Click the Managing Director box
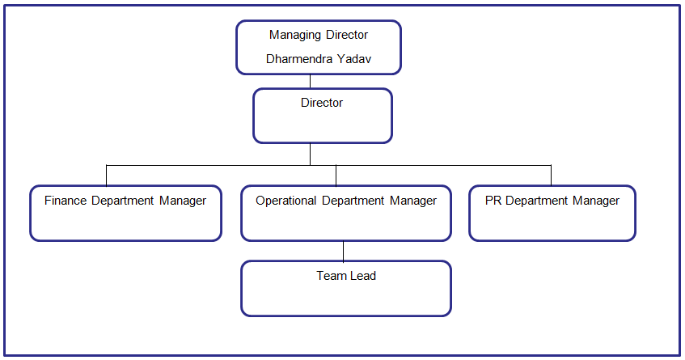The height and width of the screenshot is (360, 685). click(x=318, y=47)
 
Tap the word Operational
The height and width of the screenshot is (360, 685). click(x=286, y=201)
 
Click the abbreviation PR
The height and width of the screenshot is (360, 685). click(x=493, y=201)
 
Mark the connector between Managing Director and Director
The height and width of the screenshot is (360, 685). click(x=311, y=81)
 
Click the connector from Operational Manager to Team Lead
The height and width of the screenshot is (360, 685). click(x=344, y=251)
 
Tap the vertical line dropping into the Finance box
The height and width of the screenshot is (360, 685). click(x=106, y=176)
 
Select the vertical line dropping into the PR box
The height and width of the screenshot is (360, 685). click(x=551, y=176)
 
